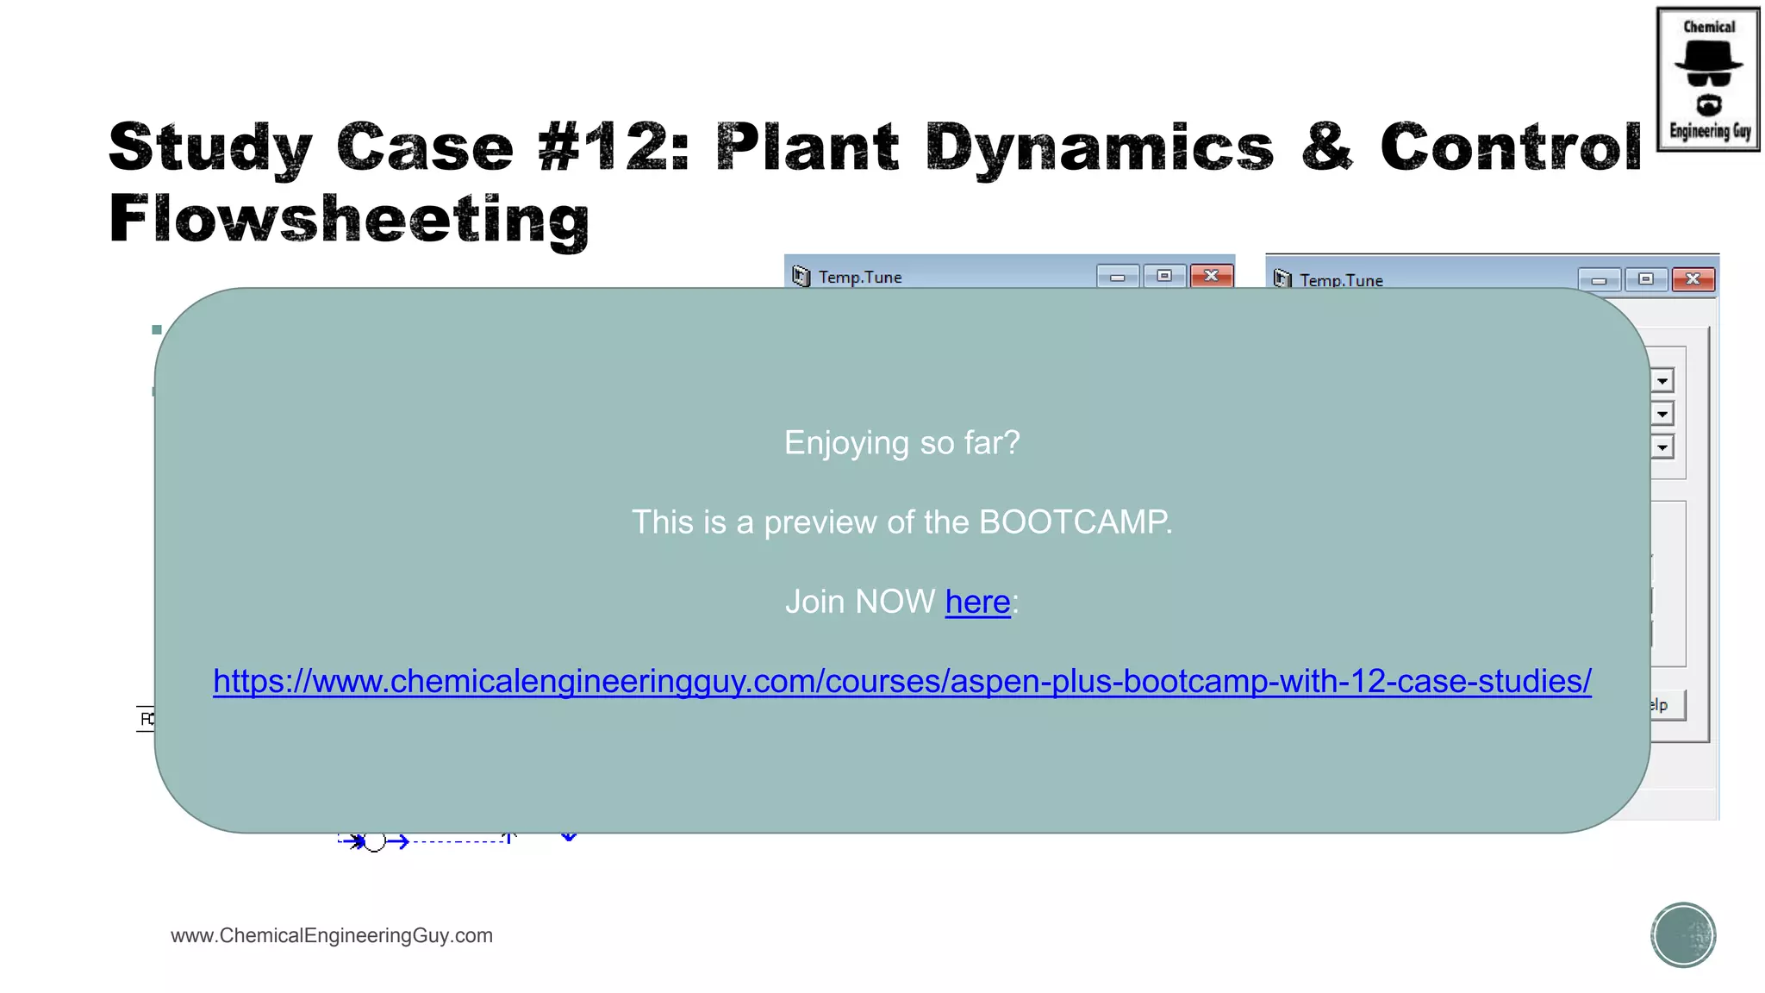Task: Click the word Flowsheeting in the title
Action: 349,219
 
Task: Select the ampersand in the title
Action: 1326,147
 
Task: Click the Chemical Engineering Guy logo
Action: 1707,79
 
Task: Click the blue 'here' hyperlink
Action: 977,602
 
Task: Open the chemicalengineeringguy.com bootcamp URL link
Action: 901,681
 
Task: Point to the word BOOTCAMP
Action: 1075,522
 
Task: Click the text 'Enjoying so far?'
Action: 901,443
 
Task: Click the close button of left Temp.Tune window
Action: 1211,276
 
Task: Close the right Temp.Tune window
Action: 1693,279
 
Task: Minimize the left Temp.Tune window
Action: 1118,277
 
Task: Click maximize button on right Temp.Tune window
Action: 1645,279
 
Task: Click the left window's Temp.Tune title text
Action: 860,278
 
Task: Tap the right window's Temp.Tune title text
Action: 1341,280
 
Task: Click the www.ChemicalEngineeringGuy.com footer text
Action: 332,935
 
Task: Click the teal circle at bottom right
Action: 1683,935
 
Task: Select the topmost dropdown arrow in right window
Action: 1662,381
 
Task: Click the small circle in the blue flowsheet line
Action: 375,841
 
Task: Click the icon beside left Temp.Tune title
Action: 801,277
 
